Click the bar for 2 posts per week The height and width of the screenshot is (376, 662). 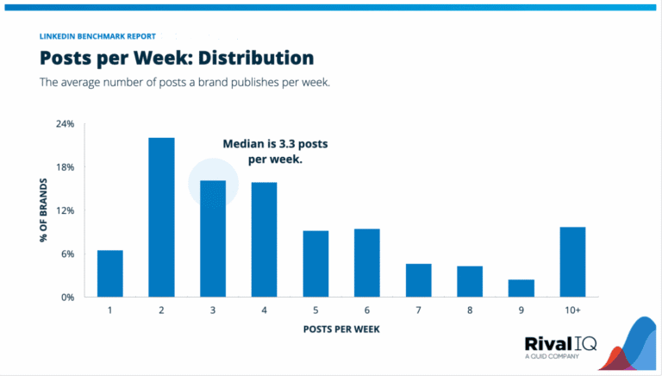(x=161, y=217)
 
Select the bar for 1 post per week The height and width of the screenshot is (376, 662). (x=109, y=273)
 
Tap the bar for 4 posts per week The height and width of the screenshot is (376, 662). (x=264, y=240)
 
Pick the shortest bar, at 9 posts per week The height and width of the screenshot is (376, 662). (x=521, y=288)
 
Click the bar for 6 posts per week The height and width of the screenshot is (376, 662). (x=366, y=263)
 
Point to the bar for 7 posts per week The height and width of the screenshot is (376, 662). (x=418, y=280)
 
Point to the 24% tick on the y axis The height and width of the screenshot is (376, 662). (x=65, y=124)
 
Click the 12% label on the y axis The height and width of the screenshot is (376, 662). (x=65, y=210)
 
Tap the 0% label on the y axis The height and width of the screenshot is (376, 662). (x=66, y=298)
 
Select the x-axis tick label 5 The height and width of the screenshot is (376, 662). (x=315, y=310)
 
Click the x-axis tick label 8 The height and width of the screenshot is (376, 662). (x=470, y=310)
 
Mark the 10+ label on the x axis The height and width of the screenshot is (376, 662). (x=572, y=310)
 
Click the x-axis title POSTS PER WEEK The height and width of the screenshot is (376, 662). (x=340, y=329)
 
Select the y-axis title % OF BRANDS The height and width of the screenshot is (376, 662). (x=43, y=210)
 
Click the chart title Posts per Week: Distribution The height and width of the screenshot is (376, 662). (x=177, y=59)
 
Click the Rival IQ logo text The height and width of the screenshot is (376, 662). (x=559, y=342)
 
